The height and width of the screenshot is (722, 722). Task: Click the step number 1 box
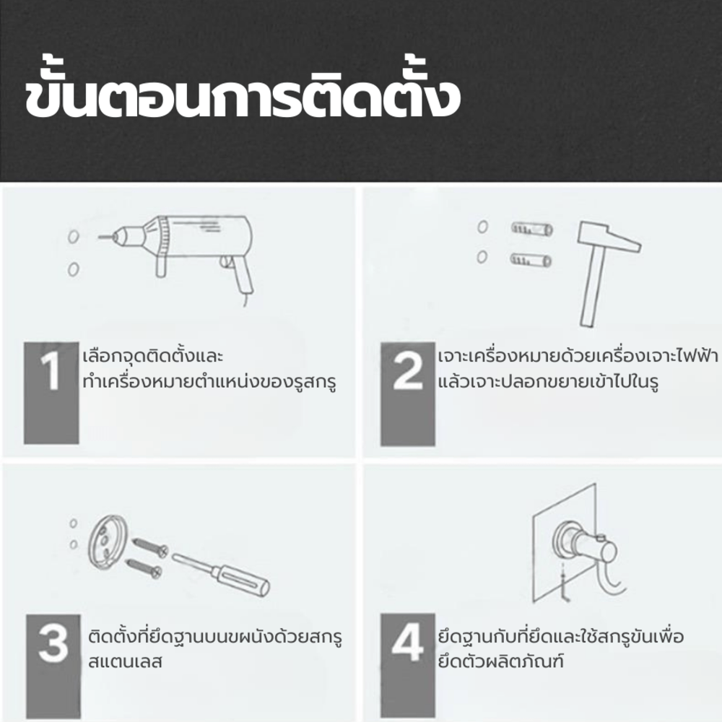point(51,393)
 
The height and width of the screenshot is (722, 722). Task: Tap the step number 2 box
point(408,394)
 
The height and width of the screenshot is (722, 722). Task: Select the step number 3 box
point(53,666)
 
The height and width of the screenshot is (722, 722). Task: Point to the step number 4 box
point(408,665)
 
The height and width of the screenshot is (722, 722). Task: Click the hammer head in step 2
point(609,236)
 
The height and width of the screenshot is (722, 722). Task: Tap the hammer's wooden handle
point(591,289)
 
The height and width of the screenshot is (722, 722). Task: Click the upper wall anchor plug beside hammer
point(532,229)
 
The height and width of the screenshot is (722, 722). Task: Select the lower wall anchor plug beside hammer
point(531,260)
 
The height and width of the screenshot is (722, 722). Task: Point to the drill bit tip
point(100,237)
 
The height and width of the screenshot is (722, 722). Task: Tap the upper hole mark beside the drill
point(74,237)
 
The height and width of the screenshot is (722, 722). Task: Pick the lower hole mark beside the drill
point(73,269)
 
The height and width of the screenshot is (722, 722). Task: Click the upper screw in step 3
point(150,547)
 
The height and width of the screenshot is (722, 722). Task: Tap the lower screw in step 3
point(144,568)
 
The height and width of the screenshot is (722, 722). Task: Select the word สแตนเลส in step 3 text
point(125,662)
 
